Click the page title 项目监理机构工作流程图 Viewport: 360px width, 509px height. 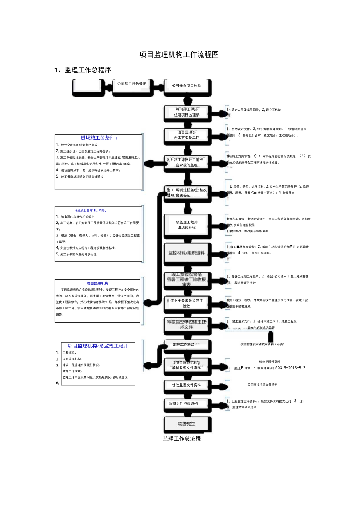pyautogui.click(x=179, y=55)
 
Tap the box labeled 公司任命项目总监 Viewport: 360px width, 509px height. pyautogui.click(x=187, y=86)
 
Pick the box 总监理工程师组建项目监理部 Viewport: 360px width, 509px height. pyautogui.click(x=187, y=112)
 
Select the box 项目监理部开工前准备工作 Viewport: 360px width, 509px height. pyautogui.click(x=187, y=135)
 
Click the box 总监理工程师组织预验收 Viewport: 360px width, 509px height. pyautogui.click(x=187, y=225)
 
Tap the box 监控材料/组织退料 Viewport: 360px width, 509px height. pyautogui.click(x=187, y=253)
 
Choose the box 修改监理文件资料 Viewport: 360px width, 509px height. pyautogui.click(x=187, y=385)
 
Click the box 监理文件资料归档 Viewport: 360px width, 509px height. pyautogui.click(x=187, y=404)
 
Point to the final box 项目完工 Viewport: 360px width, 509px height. pyautogui.click(x=187, y=424)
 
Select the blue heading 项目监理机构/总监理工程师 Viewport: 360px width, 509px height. pyautogui.click(x=98, y=346)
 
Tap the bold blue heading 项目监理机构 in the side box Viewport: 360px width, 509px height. pyautogui.click(x=97, y=283)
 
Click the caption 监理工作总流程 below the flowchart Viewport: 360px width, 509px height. pyautogui.click(x=182, y=439)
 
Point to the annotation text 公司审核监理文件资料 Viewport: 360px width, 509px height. pyautogui.click(x=262, y=385)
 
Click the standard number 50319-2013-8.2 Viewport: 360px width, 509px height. pyautogui.click(x=290, y=368)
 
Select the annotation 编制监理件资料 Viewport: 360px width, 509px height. pyautogui.click(x=270, y=362)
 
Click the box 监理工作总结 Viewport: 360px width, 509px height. pyautogui.click(x=187, y=345)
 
